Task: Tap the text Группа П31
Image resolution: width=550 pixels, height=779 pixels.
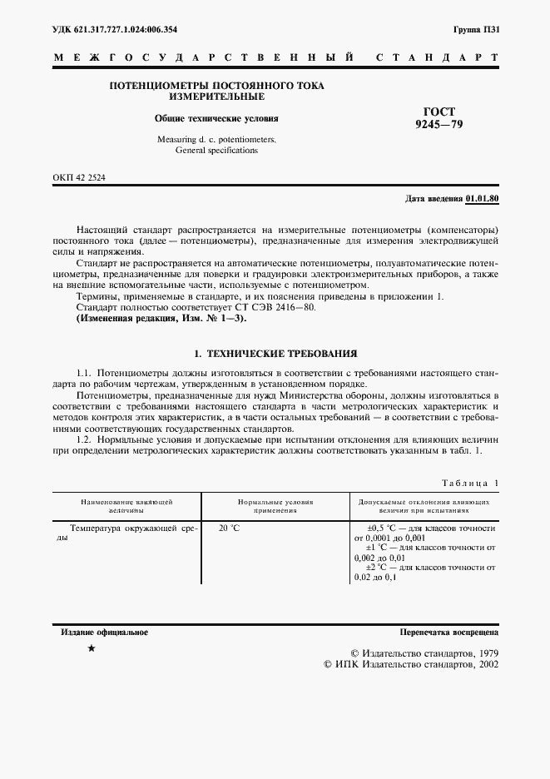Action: click(x=477, y=30)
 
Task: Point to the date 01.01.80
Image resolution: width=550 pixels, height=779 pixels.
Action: click(x=483, y=199)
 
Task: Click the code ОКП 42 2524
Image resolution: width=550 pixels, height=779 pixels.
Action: click(x=80, y=178)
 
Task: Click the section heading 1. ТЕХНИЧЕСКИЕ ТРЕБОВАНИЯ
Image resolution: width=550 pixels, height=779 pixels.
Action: click(x=275, y=354)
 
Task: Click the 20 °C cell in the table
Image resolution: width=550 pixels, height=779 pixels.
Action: click(x=229, y=528)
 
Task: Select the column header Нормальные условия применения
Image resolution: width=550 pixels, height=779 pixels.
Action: click(x=275, y=507)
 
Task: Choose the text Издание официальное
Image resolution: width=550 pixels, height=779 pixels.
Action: click(x=105, y=633)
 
